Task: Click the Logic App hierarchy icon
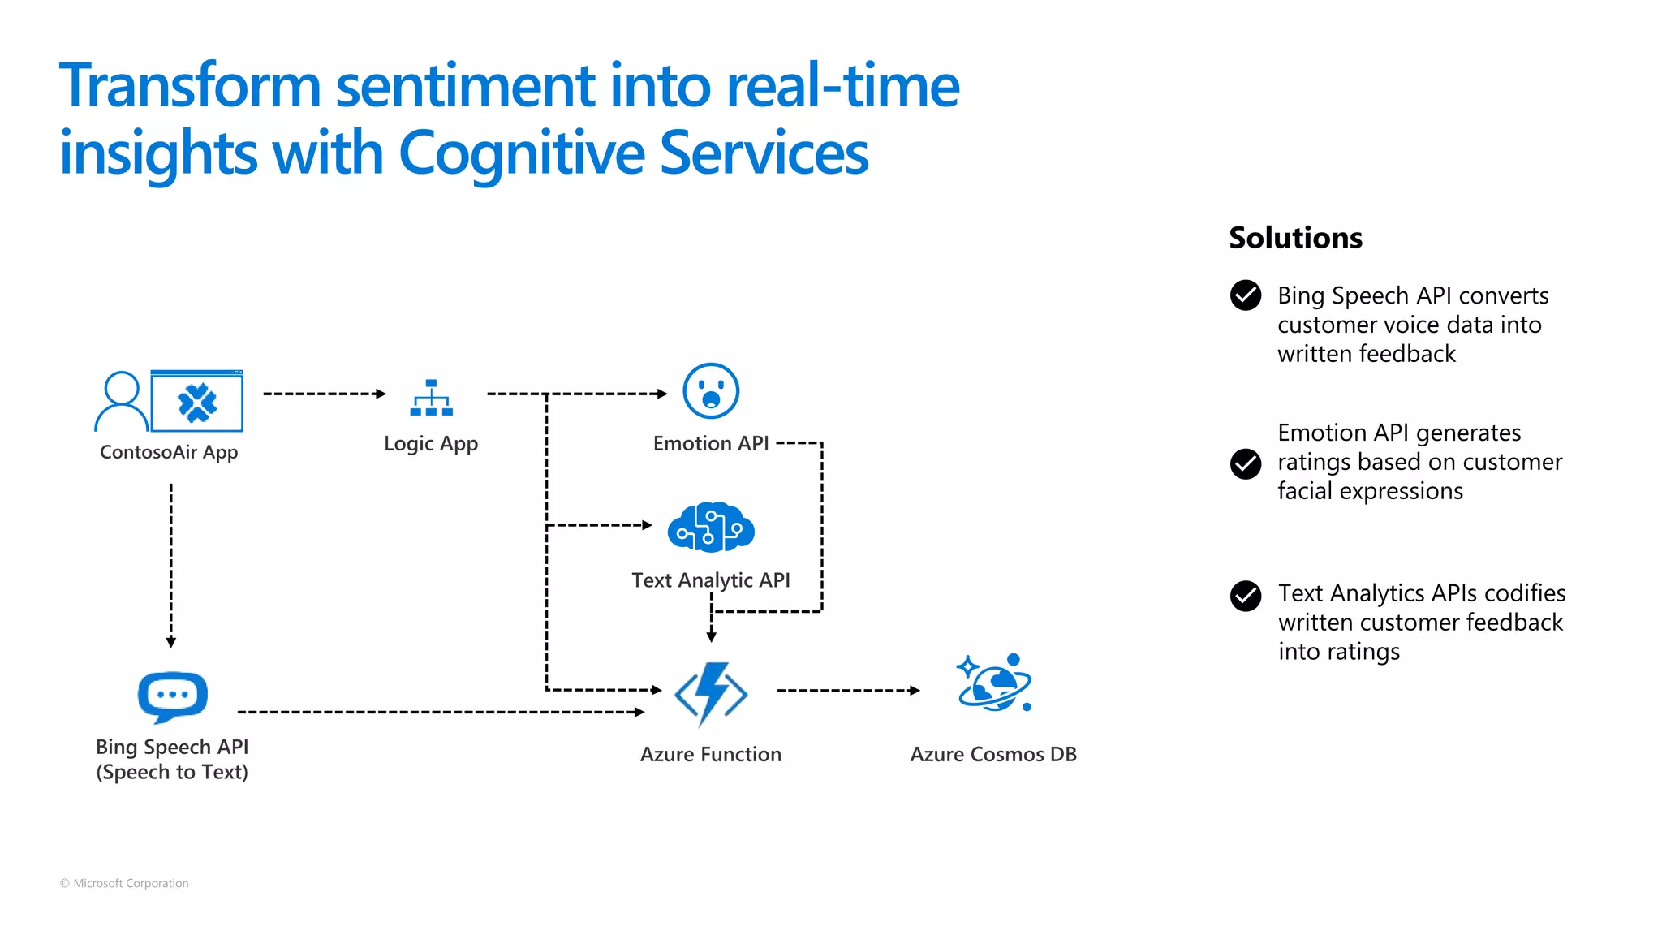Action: tap(431, 398)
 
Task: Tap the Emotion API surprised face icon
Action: tap(711, 390)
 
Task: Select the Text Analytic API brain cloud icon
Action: tap(711, 528)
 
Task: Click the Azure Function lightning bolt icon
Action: tap(711, 693)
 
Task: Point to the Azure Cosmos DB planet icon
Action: tap(995, 683)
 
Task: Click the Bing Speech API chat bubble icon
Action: tap(173, 696)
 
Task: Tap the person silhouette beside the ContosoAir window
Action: tap(122, 401)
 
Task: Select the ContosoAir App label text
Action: tap(169, 452)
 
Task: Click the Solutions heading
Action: tap(1295, 238)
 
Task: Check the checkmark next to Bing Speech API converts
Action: tap(1245, 295)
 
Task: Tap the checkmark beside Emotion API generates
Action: tap(1245, 463)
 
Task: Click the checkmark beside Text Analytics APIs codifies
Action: tap(1245, 596)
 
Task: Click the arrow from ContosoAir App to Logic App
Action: tap(325, 394)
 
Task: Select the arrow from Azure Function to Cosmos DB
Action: tap(848, 691)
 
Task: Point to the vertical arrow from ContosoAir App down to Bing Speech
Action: tap(171, 565)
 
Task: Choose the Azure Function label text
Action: tap(710, 754)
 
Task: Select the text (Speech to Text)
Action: tap(172, 772)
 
